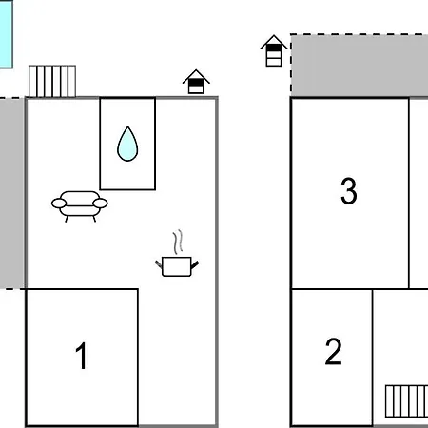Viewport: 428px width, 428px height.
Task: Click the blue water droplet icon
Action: click(x=127, y=145)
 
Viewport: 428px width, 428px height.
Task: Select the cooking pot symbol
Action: click(x=177, y=266)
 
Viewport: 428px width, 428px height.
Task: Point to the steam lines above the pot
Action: click(x=178, y=242)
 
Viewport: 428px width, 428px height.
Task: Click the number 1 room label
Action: click(x=82, y=356)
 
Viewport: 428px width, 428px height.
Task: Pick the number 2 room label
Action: click(x=334, y=351)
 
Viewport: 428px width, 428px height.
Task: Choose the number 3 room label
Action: click(x=349, y=190)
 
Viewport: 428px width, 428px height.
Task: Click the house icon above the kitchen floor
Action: click(x=196, y=82)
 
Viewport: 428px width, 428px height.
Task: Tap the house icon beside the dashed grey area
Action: click(x=274, y=50)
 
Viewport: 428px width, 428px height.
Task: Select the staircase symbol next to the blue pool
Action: click(x=52, y=81)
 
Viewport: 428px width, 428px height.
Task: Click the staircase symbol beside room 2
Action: click(x=406, y=401)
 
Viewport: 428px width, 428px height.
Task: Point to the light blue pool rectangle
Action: click(x=7, y=34)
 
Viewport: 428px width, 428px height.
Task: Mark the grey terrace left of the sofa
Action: click(x=12, y=193)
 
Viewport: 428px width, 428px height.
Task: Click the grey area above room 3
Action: click(x=360, y=66)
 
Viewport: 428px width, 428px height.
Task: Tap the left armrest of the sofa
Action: click(x=59, y=204)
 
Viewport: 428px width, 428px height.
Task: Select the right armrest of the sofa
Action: click(x=100, y=204)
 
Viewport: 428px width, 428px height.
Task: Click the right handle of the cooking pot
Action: click(x=195, y=265)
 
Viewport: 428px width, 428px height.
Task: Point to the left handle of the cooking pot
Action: click(x=159, y=263)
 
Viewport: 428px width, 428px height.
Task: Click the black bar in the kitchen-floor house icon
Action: click(x=196, y=83)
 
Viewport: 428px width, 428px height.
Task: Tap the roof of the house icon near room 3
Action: click(x=274, y=41)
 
